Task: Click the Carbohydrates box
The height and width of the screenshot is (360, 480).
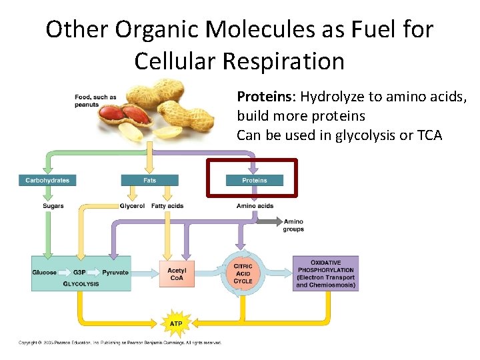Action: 47,180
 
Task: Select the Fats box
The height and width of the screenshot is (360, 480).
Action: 149,180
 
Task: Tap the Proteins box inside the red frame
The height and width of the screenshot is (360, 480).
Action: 254,180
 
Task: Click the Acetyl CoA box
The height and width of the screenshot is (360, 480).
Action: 177,274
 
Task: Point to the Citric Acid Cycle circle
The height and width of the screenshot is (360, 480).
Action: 243,274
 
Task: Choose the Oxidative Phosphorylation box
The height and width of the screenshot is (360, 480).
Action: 326,273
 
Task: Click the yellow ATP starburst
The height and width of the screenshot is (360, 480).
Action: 176,323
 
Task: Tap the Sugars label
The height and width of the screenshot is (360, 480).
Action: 53,206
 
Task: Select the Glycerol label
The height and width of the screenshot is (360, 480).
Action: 132,206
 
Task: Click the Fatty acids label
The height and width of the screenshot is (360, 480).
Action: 167,206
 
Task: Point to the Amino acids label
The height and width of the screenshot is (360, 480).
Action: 255,206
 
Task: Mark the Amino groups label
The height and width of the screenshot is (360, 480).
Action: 293,225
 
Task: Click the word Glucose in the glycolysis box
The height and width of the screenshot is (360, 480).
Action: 45,273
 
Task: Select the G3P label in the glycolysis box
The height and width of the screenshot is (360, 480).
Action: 79,273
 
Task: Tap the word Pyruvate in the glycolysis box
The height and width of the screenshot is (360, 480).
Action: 115,273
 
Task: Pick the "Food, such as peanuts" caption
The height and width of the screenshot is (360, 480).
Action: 95,101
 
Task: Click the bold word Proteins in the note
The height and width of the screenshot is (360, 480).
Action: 265,97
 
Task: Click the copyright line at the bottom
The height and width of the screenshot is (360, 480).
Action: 120,343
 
